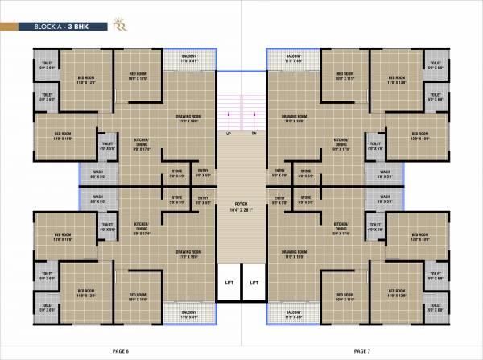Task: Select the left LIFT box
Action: click(229, 283)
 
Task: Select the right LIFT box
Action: click(254, 283)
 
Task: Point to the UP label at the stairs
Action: click(229, 133)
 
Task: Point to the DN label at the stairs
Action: click(254, 133)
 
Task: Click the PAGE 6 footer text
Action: click(121, 350)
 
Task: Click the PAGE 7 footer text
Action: click(362, 350)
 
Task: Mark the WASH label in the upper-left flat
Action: click(97, 172)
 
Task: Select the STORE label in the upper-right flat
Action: click(306, 172)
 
